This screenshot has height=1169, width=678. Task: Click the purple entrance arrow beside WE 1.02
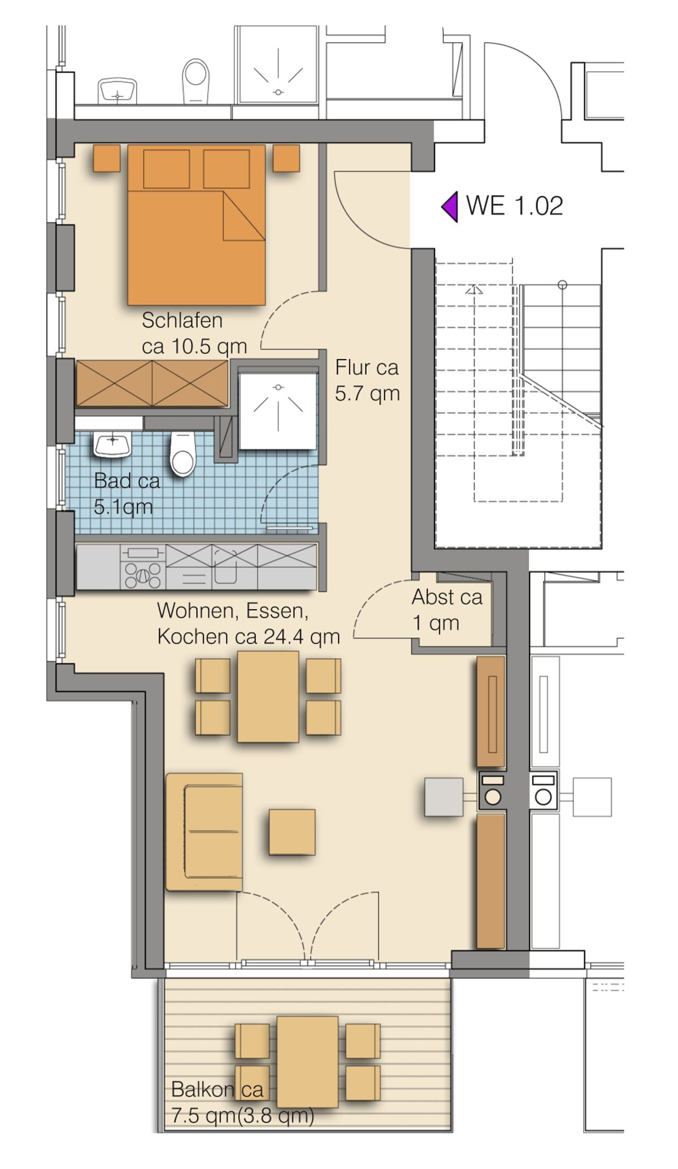450,207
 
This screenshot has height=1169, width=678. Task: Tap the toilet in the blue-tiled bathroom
182,453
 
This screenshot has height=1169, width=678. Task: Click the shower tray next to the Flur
277,411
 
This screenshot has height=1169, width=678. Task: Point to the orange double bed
196,225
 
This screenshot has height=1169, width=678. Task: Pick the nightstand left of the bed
107,158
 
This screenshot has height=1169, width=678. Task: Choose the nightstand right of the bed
286,158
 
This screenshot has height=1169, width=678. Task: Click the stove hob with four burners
143,567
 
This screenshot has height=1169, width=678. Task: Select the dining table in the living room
268,697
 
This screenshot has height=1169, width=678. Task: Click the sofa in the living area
204,832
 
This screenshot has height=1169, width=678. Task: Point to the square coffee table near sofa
292,832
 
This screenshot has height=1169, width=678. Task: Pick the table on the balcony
307,1062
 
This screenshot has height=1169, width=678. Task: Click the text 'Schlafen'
182,321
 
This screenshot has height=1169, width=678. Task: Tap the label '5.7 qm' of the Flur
367,393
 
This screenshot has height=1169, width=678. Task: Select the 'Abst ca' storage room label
447,597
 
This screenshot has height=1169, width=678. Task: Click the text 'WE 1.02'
514,206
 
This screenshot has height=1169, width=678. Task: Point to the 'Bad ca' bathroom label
127,481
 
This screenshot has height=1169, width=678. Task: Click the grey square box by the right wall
444,797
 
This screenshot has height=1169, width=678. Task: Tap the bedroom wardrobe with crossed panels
152,383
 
